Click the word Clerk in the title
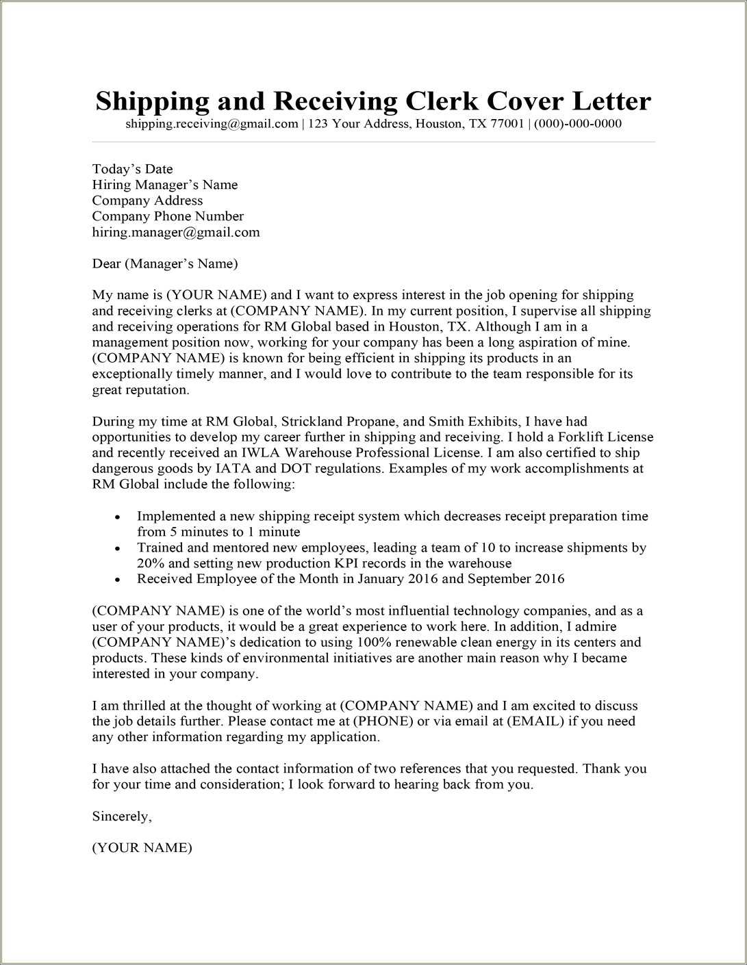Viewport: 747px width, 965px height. [442, 101]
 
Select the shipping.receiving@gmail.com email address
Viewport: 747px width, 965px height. [212, 124]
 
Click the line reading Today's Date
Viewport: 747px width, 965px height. [132, 169]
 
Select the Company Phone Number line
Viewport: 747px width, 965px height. [168, 216]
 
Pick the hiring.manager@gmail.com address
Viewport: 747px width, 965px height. [176, 232]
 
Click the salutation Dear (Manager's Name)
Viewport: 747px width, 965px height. [164, 263]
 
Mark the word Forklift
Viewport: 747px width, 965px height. [581, 437]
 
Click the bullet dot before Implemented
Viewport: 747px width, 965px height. [118, 517]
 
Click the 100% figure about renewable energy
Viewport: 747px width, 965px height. [371, 642]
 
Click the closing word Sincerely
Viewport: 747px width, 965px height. [121, 816]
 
